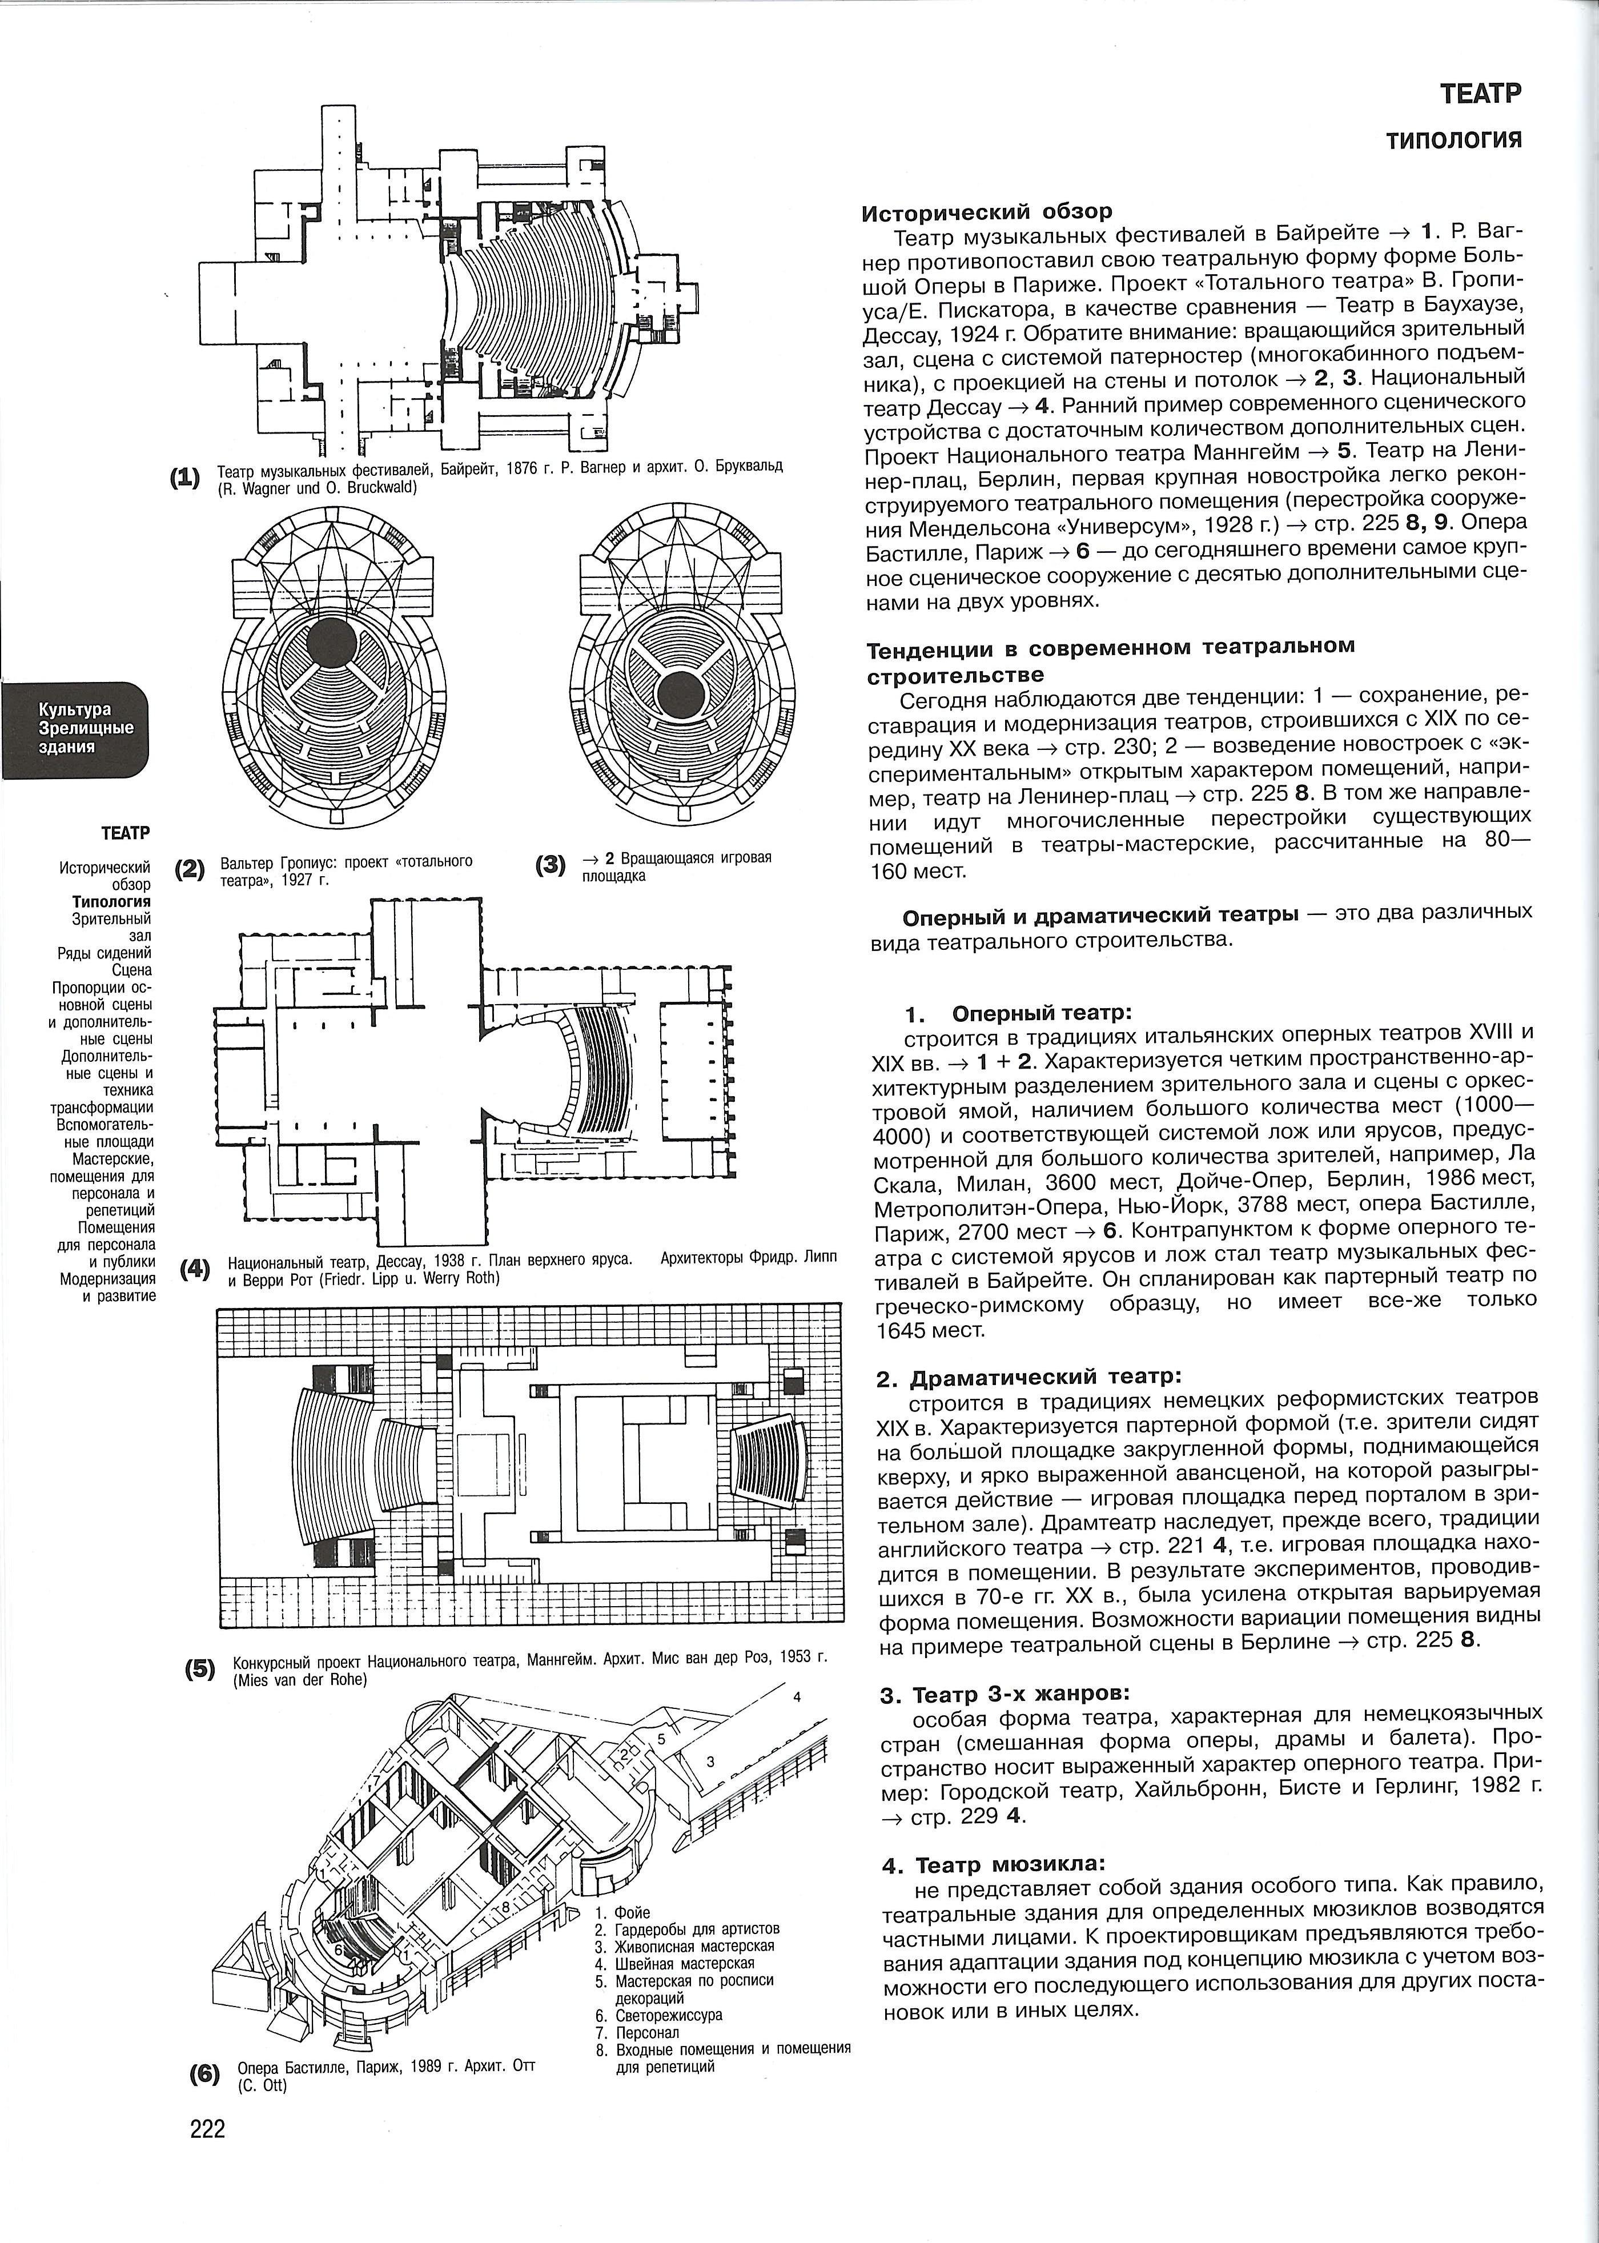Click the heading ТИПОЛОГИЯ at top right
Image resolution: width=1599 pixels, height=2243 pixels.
coord(1455,140)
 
